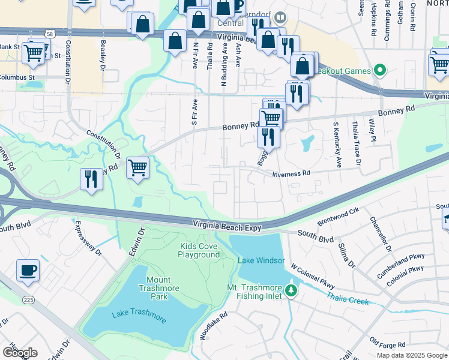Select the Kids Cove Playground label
(x=199, y=250)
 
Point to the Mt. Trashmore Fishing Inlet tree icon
(x=291, y=291)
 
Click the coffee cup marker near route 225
(x=28, y=271)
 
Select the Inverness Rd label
(x=291, y=173)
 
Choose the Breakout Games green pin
(x=379, y=71)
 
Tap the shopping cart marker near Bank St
(x=33, y=53)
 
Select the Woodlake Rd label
(x=213, y=326)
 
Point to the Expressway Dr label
(x=88, y=239)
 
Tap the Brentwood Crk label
(x=342, y=215)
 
